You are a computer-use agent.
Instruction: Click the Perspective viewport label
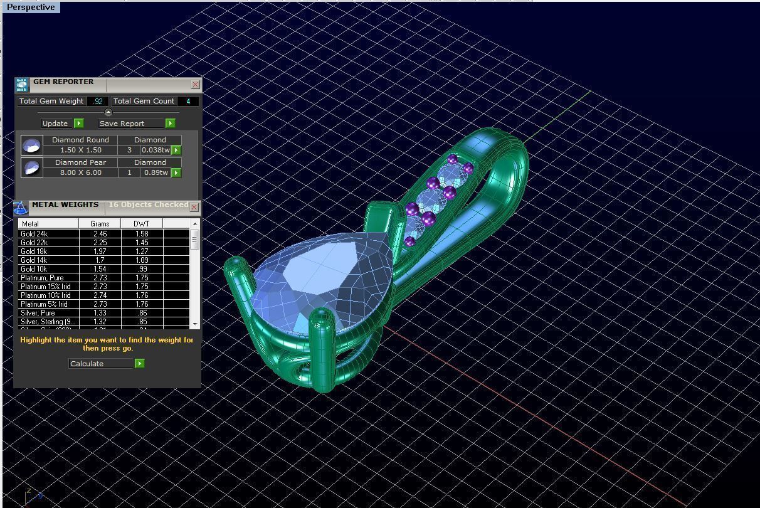(31, 8)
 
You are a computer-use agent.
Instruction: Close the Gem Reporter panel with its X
(195, 85)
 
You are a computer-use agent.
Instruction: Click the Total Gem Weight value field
(98, 101)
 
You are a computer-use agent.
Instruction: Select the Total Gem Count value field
(188, 101)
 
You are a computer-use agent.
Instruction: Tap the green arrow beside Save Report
(170, 124)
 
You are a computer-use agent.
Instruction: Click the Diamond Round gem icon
(31, 146)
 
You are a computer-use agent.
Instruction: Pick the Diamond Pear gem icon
(31, 167)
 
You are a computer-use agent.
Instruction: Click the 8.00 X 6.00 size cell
(80, 172)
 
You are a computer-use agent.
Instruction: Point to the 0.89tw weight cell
(156, 172)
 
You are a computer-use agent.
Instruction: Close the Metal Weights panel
(194, 207)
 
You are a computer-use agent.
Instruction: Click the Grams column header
(100, 224)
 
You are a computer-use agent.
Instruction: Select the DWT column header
(142, 224)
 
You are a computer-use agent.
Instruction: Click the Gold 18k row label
(34, 251)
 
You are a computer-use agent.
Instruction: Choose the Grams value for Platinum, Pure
(100, 278)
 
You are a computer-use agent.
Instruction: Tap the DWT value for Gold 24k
(142, 234)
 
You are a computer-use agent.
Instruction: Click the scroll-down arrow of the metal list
(195, 324)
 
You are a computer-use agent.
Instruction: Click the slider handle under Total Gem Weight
(108, 113)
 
